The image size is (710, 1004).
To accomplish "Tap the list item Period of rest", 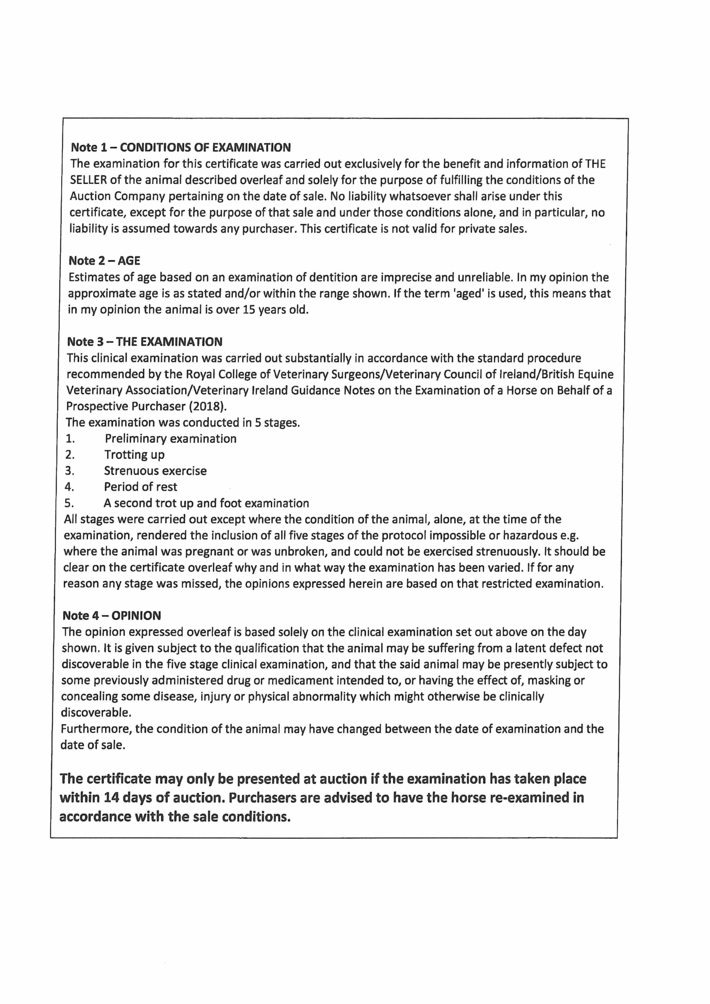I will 140,487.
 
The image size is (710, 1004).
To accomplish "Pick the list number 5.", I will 69,503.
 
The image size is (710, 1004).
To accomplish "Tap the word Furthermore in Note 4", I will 96,729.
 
